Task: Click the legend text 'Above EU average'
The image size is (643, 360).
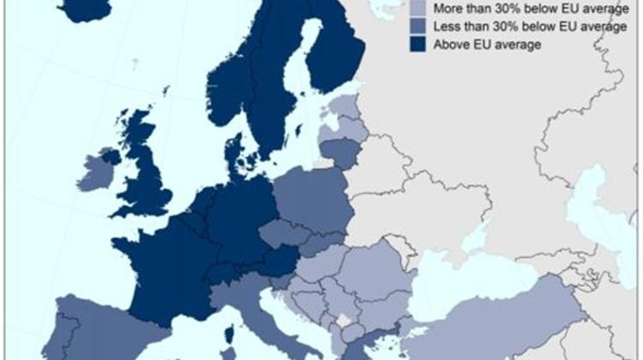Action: [x=487, y=45]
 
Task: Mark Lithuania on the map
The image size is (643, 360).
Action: [x=339, y=153]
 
